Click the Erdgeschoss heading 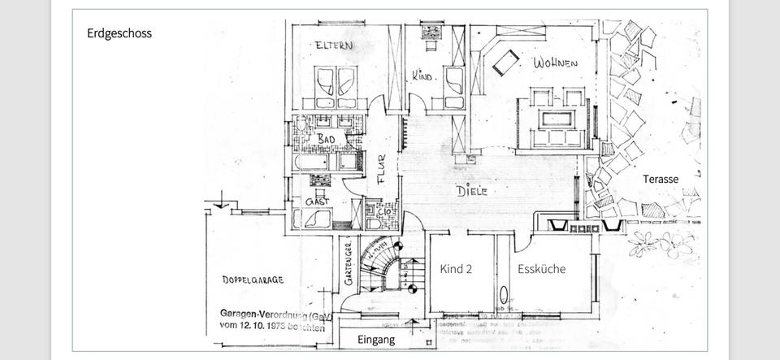tap(119, 33)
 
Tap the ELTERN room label tap(334, 46)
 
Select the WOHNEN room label tap(555, 63)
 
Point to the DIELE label tap(472, 192)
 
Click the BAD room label tap(326, 140)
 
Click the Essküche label tap(542, 269)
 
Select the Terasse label tap(660, 179)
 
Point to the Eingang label tap(376, 340)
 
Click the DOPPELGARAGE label tap(253, 280)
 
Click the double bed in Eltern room tap(335, 84)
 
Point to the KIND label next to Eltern tap(422, 76)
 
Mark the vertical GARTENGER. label tap(348, 264)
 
